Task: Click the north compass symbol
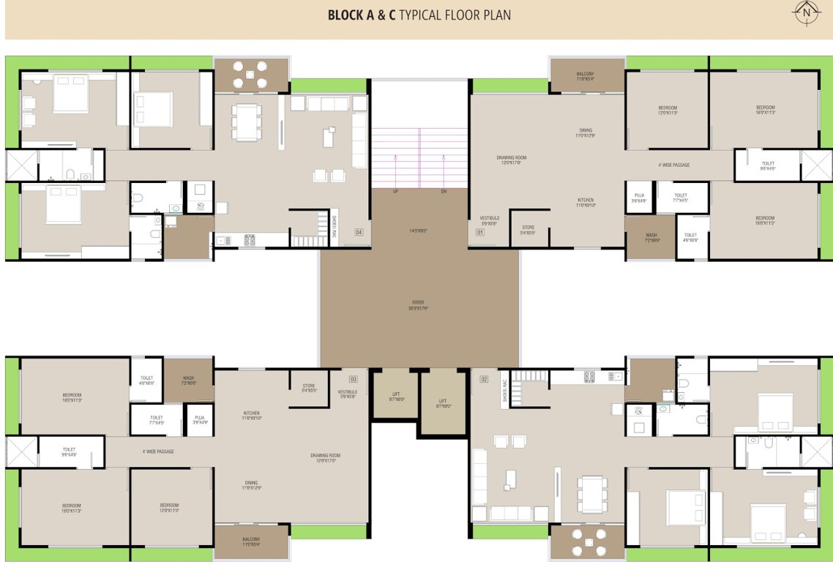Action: [x=807, y=13]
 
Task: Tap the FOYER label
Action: [x=419, y=301]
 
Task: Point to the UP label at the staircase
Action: [x=396, y=192]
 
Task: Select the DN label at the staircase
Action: [x=444, y=192]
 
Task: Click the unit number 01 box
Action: [x=480, y=233]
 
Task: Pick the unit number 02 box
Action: [x=484, y=379]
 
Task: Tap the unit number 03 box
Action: [x=353, y=379]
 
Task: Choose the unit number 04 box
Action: [x=359, y=233]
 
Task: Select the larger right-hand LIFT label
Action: [x=443, y=401]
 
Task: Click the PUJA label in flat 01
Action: [x=639, y=195]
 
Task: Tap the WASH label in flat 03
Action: [x=188, y=379]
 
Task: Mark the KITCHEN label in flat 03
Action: [x=252, y=413]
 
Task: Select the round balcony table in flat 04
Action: [x=251, y=74]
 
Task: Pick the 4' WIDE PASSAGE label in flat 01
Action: [x=673, y=165]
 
